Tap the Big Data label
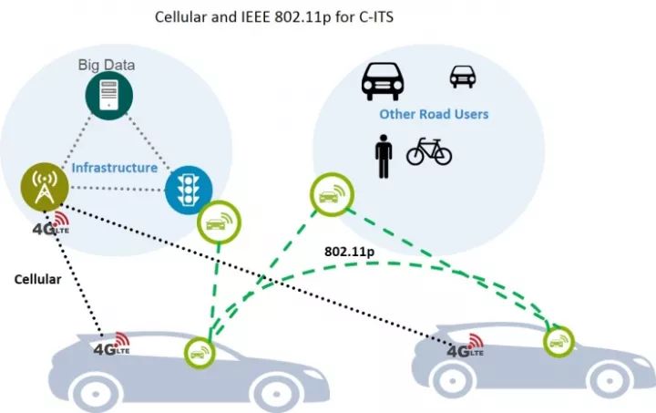(x=106, y=65)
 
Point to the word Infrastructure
(x=114, y=169)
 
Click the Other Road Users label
(x=434, y=114)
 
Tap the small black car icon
(x=463, y=77)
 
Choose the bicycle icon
(x=429, y=151)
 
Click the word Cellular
(x=37, y=280)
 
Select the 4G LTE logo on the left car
(x=111, y=346)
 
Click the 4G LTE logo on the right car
(x=463, y=347)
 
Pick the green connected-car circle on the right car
(x=558, y=341)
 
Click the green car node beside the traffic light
(x=220, y=222)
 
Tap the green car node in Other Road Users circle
(x=331, y=194)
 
